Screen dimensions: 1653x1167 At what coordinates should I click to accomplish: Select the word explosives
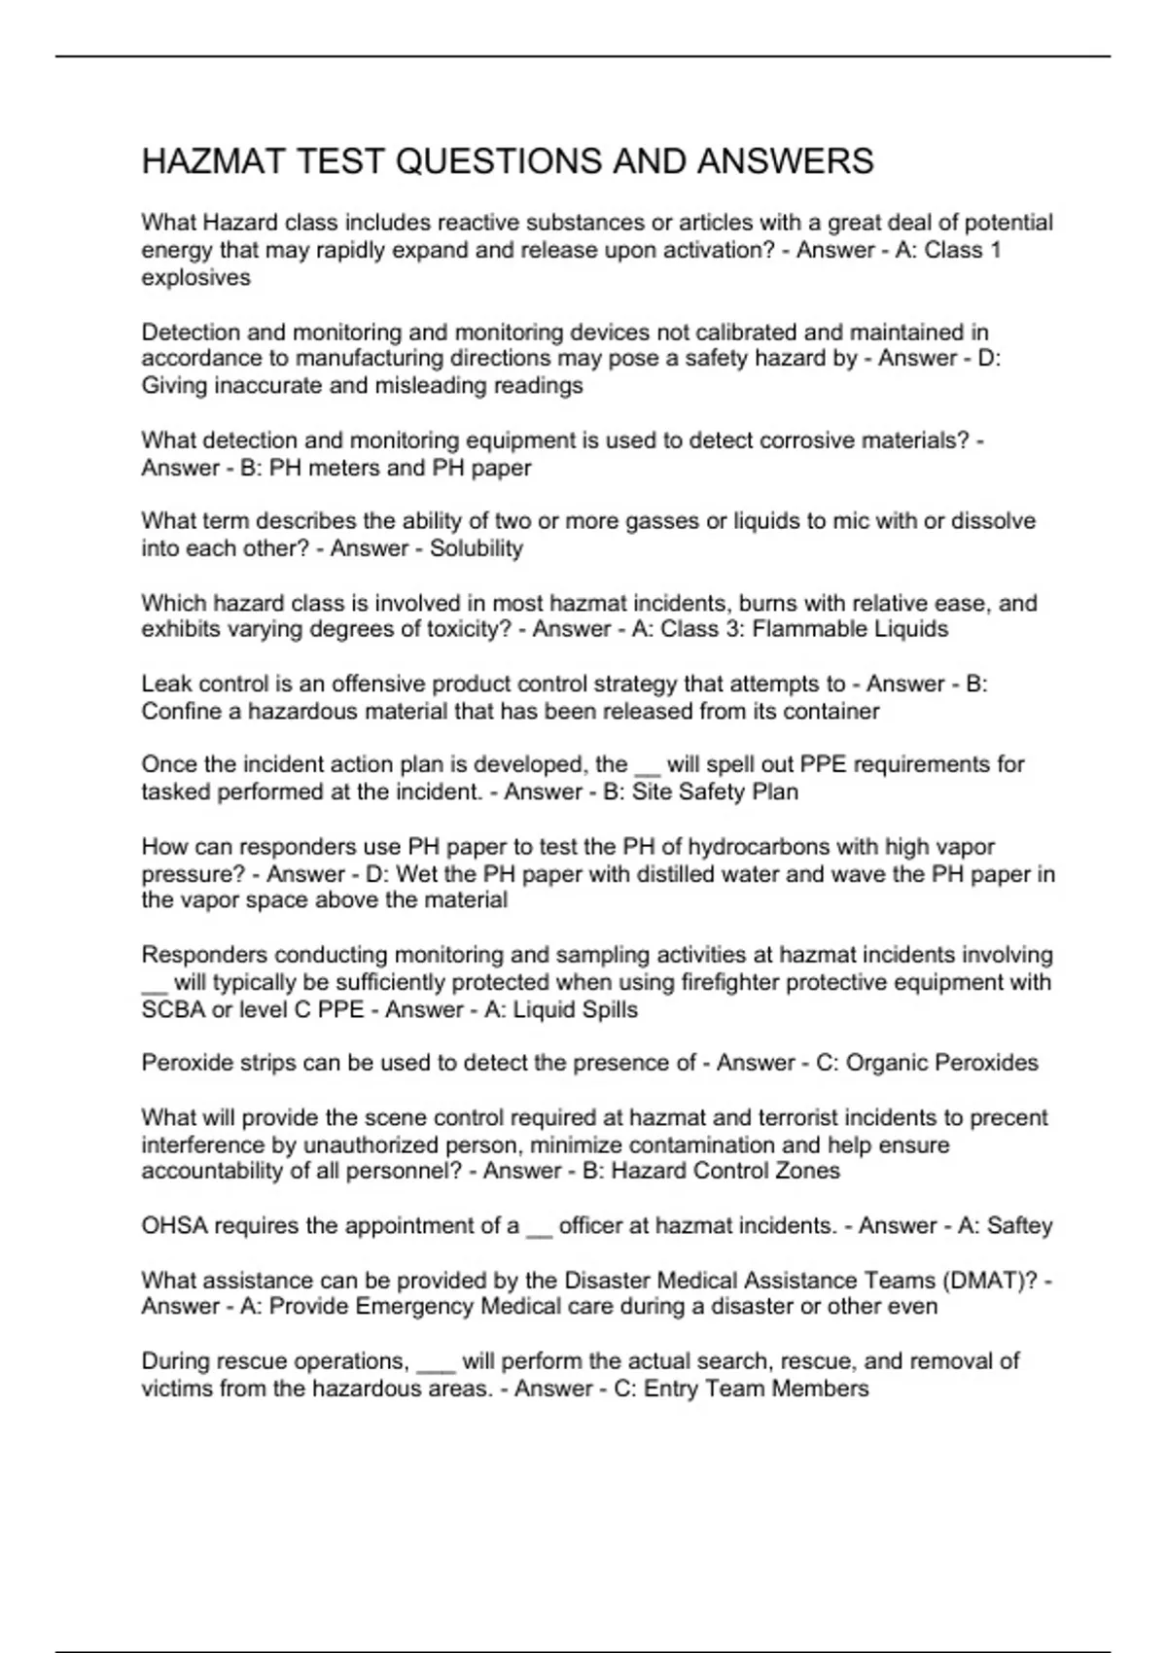(x=195, y=278)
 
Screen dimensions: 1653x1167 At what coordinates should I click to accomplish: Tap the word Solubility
(x=476, y=548)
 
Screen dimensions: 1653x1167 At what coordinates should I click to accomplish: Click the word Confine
(x=180, y=711)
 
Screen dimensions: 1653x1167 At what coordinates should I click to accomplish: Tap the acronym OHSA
(x=174, y=1226)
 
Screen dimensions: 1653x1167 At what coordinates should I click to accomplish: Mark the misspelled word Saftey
(x=1019, y=1226)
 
